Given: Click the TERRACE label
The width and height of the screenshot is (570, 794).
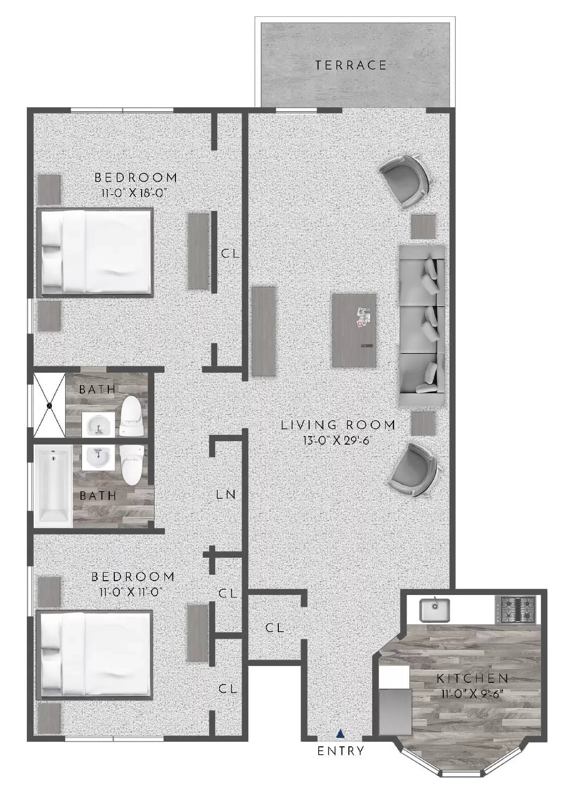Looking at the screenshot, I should [351, 65].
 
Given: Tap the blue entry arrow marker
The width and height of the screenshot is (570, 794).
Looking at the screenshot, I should [340, 733].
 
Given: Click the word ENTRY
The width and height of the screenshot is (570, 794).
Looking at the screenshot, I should [341, 751].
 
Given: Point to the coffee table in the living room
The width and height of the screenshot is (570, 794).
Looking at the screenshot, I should [353, 331].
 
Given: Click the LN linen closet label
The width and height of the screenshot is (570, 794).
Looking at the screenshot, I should [226, 494].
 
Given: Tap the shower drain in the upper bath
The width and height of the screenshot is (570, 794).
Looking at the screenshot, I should [50, 405].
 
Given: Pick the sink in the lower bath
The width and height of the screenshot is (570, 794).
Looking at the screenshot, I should [97, 457].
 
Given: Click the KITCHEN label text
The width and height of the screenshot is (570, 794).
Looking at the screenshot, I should [472, 678].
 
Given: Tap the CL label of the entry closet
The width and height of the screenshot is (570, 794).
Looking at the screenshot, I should [274, 628].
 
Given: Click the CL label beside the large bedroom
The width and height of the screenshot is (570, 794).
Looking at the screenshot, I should [230, 254].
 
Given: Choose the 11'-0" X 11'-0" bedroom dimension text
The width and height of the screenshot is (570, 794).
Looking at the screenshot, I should [131, 592].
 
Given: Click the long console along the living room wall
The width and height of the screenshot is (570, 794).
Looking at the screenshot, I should [263, 331].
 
